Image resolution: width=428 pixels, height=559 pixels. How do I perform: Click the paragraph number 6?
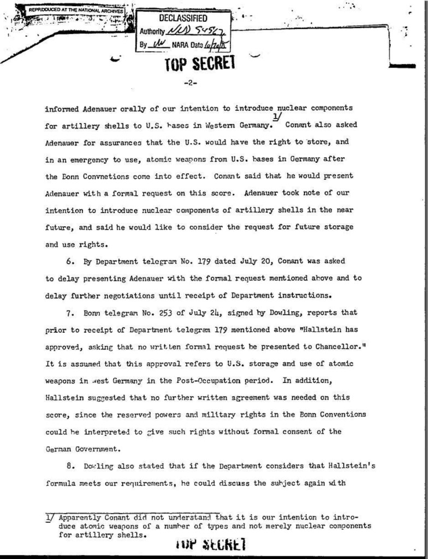(x=70, y=262)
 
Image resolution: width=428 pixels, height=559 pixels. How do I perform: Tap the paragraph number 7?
(x=70, y=314)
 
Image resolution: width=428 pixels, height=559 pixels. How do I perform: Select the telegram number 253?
(x=157, y=314)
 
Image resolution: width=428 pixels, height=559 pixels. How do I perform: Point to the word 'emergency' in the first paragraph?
(x=94, y=159)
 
